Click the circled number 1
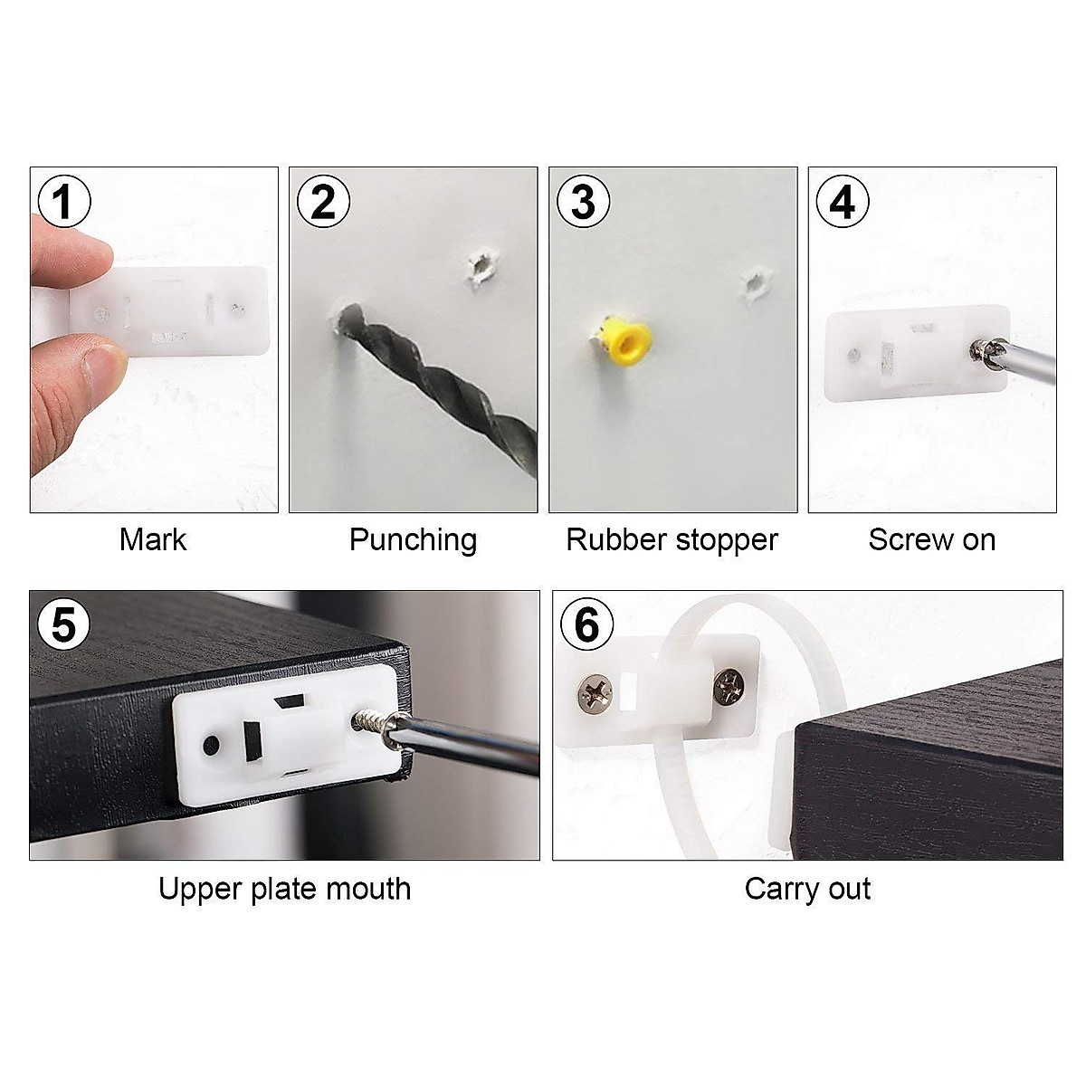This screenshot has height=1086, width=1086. (x=62, y=202)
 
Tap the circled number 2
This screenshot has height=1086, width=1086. (x=323, y=202)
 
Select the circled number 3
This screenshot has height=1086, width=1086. (x=583, y=202)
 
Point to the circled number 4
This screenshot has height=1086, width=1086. (x=843, y=202)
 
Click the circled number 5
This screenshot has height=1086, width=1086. (x=63, y=624)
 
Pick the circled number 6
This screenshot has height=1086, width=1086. (x=586, y=624)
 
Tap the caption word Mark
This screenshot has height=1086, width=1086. (x=152, y=539)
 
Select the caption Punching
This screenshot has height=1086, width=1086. (x=413, y=540)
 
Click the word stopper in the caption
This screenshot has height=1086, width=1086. (x=730, y=540)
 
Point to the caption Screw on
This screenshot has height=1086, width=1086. (x=931, y=539)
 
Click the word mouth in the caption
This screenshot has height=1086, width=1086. (x=368, y=889)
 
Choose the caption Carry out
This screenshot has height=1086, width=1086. (x=807, y=889)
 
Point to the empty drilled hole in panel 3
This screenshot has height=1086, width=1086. (x=752, y=284)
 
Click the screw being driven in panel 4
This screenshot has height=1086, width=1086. (x=980, y=349)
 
